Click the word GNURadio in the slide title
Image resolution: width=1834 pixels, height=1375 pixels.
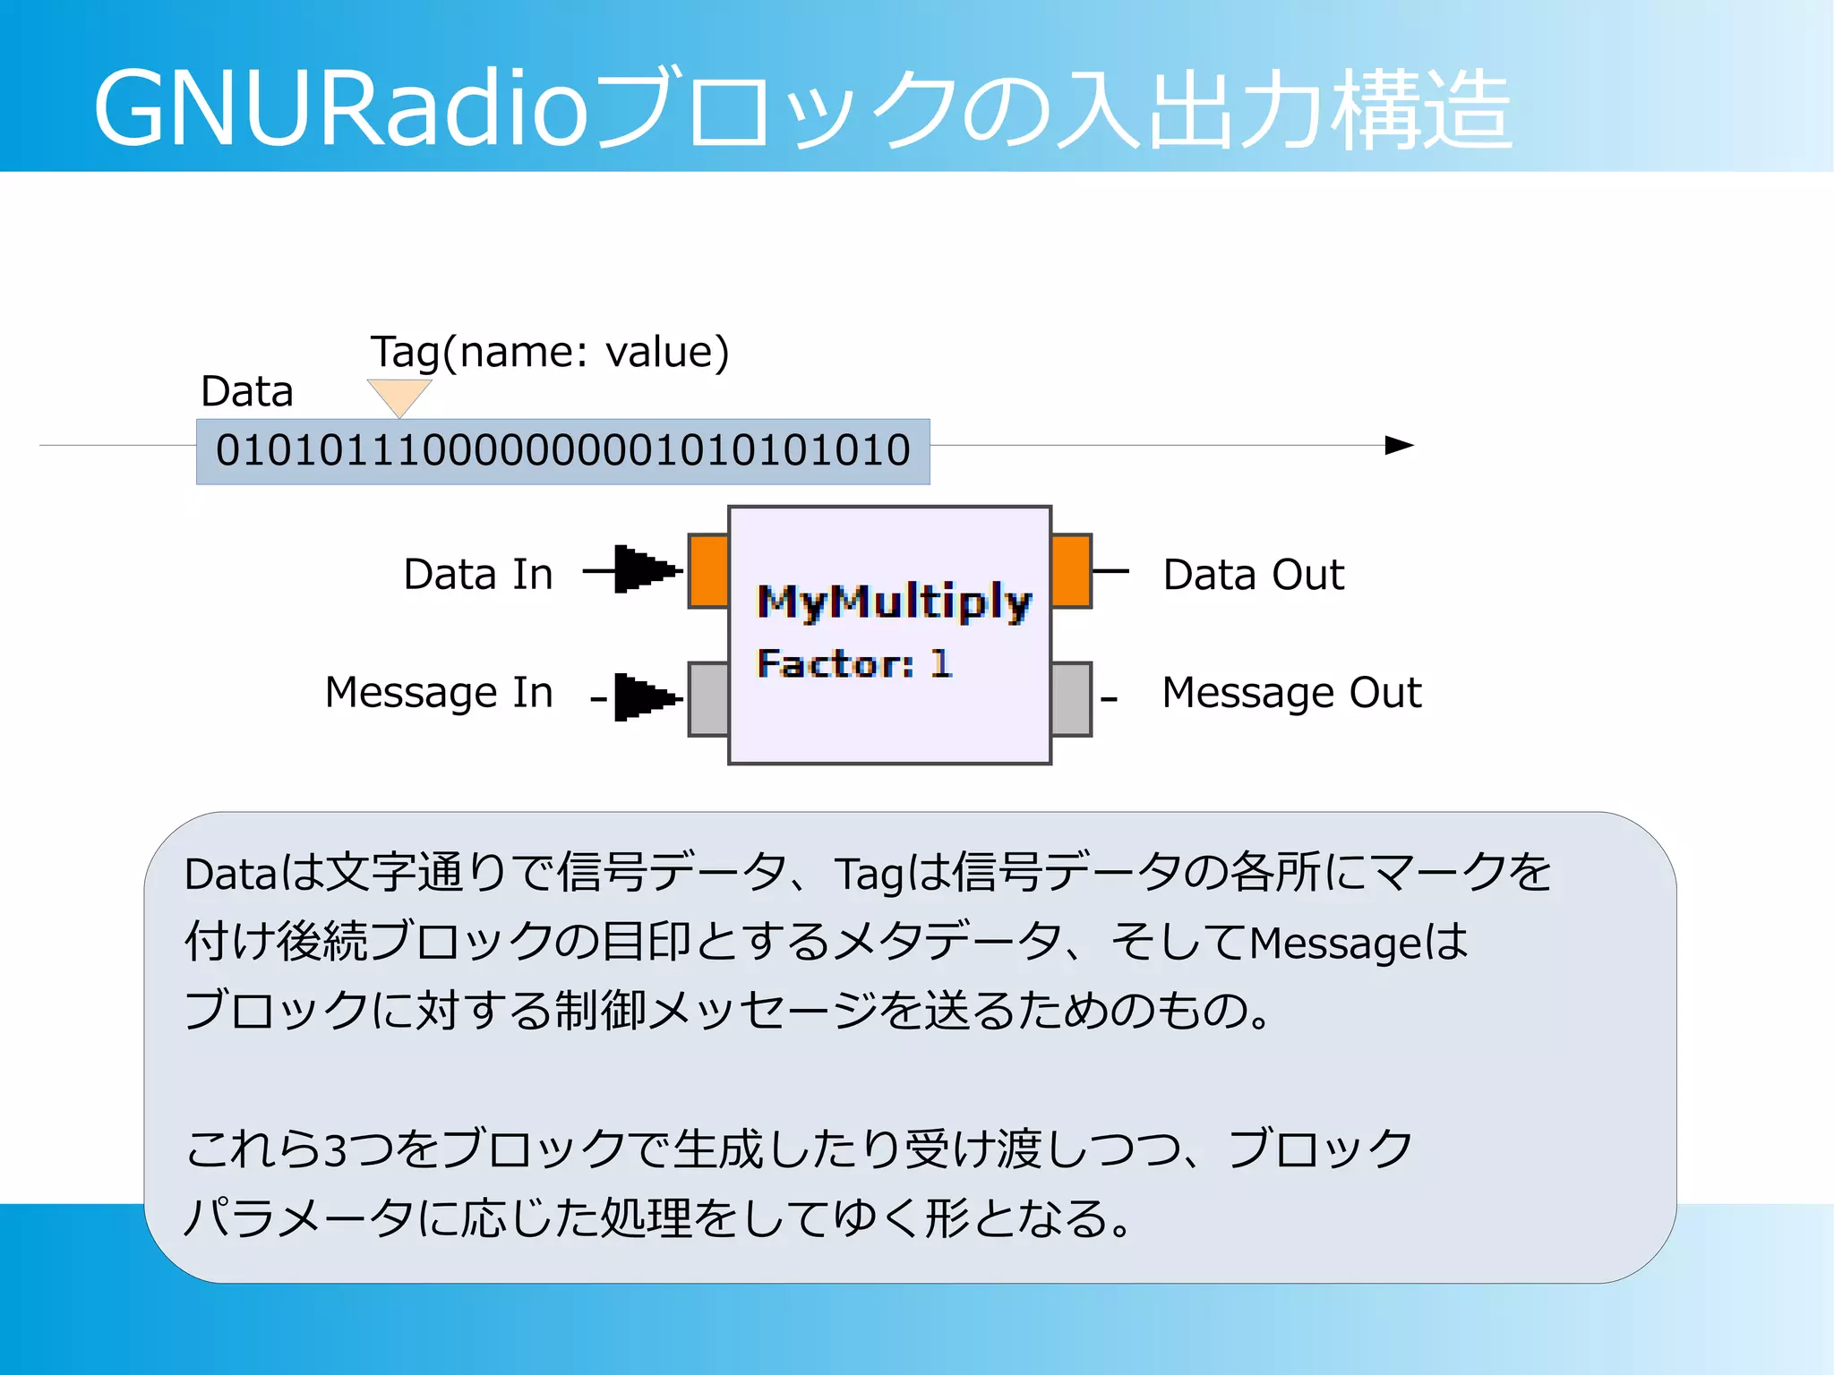[340, 109]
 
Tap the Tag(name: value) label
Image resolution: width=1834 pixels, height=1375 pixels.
[550, 352]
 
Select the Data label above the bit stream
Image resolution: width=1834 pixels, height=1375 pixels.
[247, 391]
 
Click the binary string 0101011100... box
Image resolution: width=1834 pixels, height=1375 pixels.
[562, 450]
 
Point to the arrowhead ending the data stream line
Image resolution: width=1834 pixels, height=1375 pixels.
[1398, 445]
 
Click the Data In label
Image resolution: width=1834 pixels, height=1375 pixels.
[478, 574]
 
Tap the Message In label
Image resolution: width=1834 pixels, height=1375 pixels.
[439, 692]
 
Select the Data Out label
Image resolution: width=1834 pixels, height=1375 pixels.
[1253, 574]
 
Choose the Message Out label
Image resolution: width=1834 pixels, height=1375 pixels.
[1291, 692]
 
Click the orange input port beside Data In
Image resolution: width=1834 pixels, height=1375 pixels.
[708, 571]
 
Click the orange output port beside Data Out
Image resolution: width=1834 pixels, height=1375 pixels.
[1071, 571]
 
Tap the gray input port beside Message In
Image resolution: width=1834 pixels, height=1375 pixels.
[708, 698]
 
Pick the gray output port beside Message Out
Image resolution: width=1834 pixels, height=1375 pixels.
[1071, 698]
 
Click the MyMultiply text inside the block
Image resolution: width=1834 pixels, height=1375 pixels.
[894, 602]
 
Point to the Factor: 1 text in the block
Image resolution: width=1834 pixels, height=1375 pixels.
[853, 663]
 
